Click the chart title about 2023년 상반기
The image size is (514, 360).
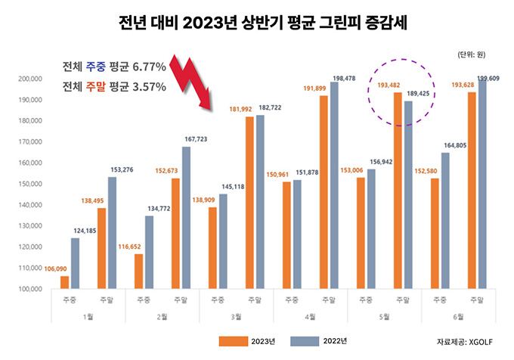[257, 22]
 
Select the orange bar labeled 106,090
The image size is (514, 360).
[64, 282]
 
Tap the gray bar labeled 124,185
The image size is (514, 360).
[75, 263]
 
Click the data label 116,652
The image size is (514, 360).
[135, 247]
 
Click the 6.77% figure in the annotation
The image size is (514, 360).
[148, 67]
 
